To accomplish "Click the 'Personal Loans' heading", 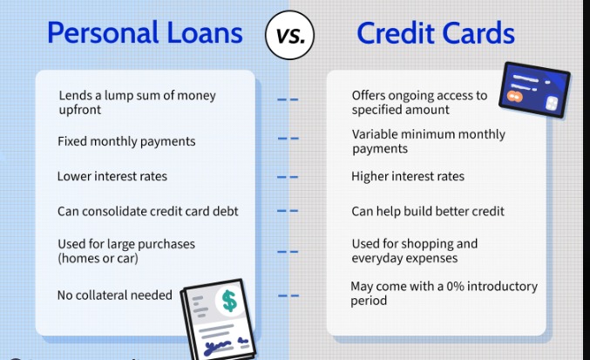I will click(145, 33).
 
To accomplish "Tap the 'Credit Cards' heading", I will click(435, 33).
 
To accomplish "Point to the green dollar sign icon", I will click(229, 301).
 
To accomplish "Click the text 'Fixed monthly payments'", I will click(125, 141).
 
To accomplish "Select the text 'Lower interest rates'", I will click(112, 176).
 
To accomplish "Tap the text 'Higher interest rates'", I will click(408, 176).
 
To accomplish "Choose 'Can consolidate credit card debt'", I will click(147, 211).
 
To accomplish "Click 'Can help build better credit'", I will click(427, 211).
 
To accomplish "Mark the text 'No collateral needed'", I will click(114, 295).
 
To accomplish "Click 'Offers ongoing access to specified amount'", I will click(419, 102).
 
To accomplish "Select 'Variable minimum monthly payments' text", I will click(428, 141).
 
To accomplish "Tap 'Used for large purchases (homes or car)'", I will click(125, 251).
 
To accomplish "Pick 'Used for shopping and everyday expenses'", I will click(414, 251).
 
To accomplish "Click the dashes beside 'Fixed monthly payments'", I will click(288, 139).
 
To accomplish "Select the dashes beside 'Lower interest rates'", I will click(288, 176).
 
